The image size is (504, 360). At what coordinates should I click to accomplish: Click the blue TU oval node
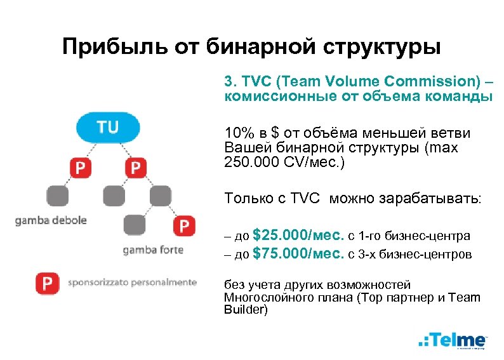[x=108, y=128]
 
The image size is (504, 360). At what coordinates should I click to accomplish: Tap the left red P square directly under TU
[x=81, y=168]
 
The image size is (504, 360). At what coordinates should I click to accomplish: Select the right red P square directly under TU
[x=135, y=168]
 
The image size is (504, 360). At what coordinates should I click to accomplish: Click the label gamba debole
[x=52, y=221]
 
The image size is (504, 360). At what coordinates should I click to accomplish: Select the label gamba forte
[x=153, y=250]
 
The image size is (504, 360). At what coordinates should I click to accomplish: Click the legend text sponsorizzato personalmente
[x=132, y=283]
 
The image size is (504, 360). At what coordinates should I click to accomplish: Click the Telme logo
[x=453, y=340]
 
